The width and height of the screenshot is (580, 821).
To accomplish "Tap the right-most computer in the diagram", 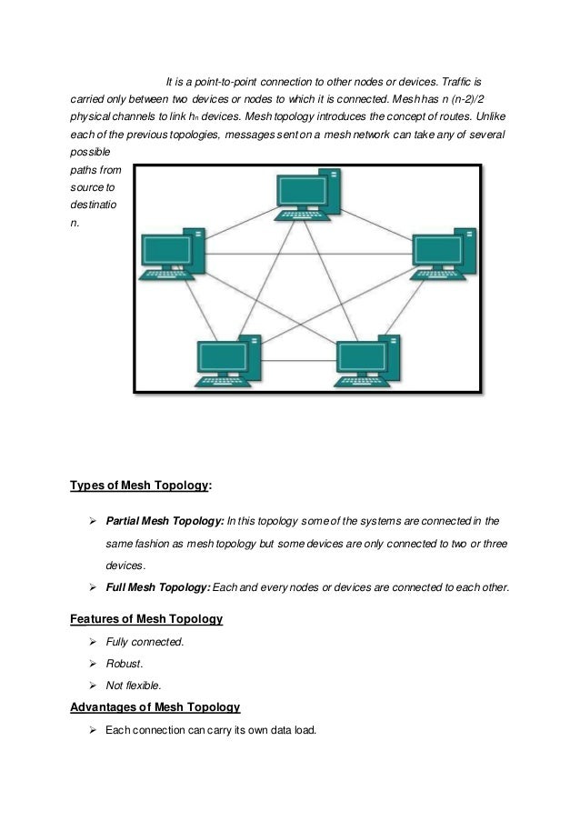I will [442, 258].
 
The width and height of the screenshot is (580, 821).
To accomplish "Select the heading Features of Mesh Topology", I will [146, 619].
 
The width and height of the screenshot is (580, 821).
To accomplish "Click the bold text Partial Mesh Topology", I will [165, 523].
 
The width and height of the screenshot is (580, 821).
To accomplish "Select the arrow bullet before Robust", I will [93, 664].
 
